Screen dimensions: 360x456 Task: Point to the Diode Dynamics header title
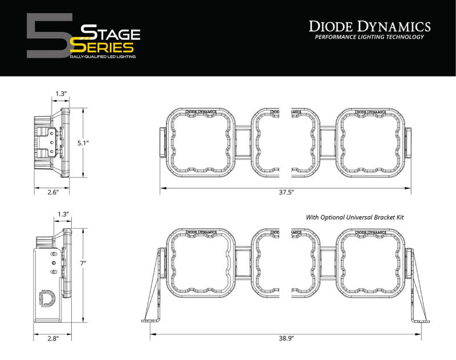point(369,26)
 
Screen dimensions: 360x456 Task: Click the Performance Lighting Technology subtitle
point(369,37)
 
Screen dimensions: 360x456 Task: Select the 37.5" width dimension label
point(286,193)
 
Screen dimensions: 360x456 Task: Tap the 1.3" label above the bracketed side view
point(63,214)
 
